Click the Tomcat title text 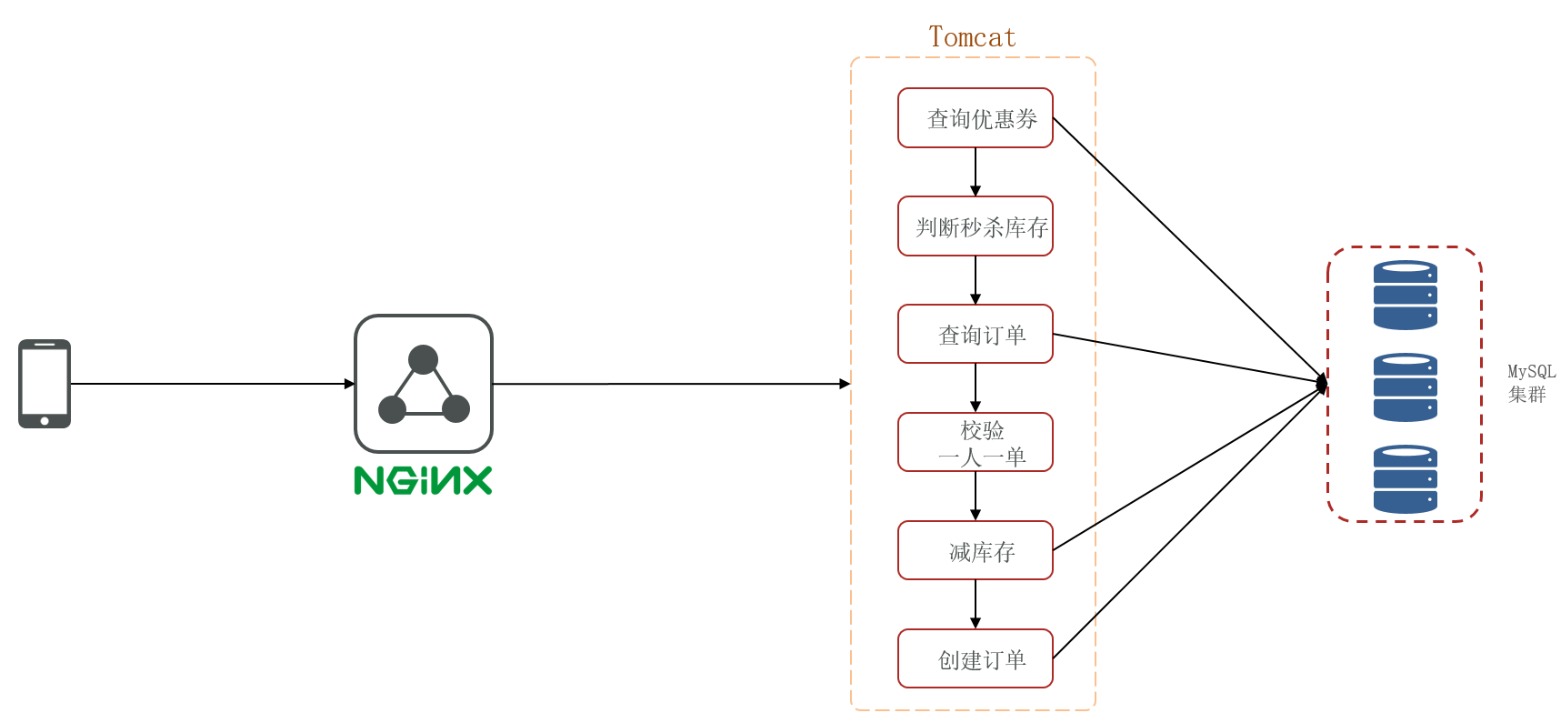click(972, 37)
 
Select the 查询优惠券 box click(975, 118)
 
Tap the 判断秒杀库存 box click(975, 226)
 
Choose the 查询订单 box click(975, 335)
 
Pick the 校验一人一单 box click(975, 443)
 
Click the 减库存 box click(975, 551)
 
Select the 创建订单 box click(975, 659)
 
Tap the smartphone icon click(45, 383)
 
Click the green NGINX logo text click(423, 480)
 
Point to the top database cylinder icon click(1405, 296)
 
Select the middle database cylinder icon click(1405, 387)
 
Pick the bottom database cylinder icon click(1405, 479)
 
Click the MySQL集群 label click(1531, 383)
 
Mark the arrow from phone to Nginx click(209, 384)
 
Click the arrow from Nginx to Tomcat click(668, 384)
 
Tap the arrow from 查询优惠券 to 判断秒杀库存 click(976, 172)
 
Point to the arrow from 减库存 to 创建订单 click(976, 605)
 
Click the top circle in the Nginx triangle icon click(423, 359)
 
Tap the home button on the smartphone click(45, 421)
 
